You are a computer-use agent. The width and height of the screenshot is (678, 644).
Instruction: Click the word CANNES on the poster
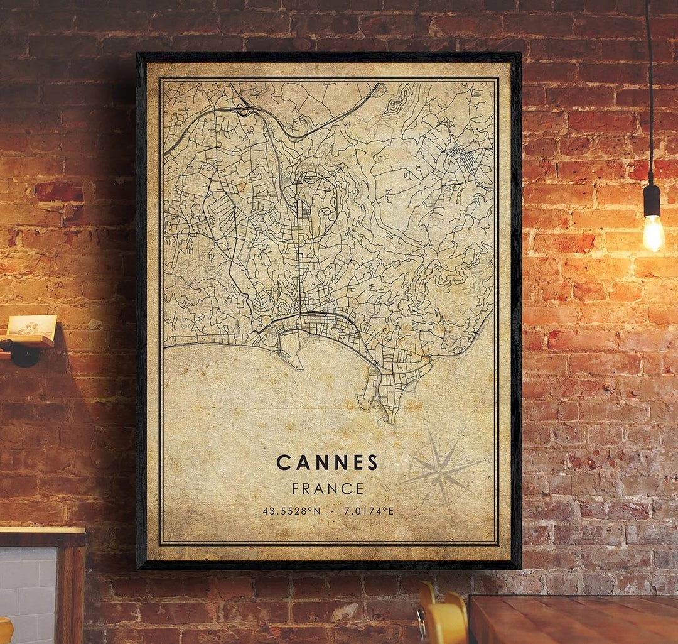pos(327,463)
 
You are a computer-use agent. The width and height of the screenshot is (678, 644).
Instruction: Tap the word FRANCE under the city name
pos(327,488)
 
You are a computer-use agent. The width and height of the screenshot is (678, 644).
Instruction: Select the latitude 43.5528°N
pos(291,511)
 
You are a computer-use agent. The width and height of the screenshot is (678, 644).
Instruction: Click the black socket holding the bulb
pos(652,200)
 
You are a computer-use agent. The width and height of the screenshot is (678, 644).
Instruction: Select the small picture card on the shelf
pos(31,325)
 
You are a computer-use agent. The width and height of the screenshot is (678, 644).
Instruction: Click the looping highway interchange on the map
pos(244,111)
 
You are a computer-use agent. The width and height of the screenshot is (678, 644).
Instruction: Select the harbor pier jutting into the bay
pos(290,359)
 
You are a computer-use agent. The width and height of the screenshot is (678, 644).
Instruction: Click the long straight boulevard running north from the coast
pos(299,251)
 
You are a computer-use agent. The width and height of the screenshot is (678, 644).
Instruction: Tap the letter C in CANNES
pos(283,463)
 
